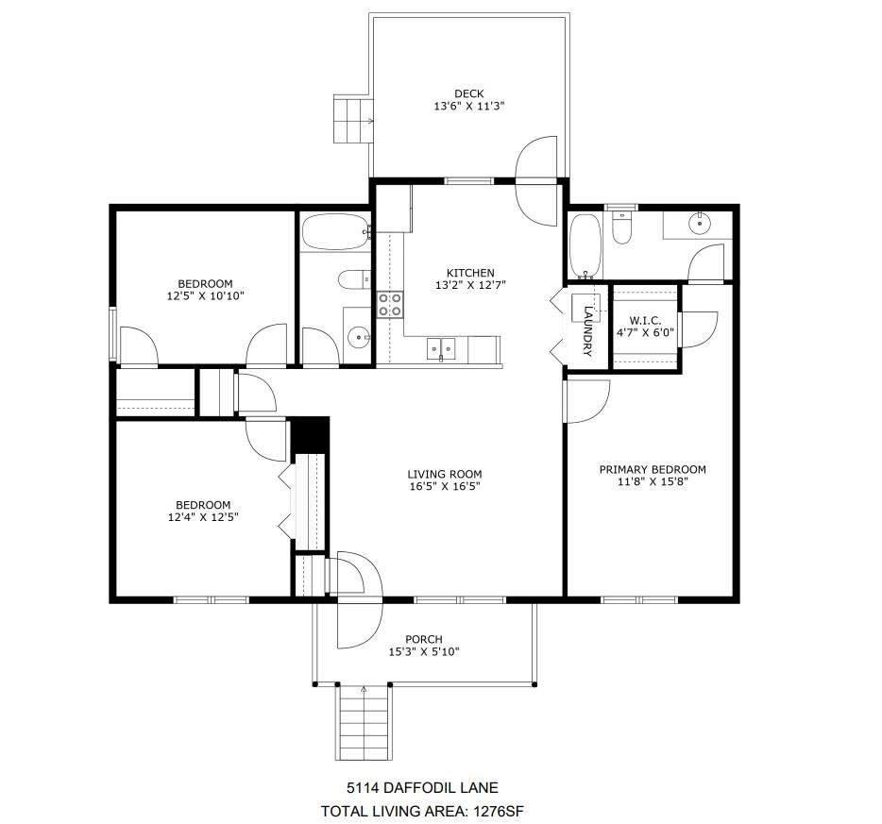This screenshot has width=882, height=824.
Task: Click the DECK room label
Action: [x=468, y=93]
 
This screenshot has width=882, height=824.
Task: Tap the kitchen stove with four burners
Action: [x=390, y=304]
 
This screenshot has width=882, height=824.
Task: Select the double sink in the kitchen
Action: [x=440, y=348]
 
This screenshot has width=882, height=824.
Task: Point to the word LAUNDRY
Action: [x=587, y=331]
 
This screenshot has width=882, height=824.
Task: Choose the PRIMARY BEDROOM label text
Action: [x=653, y=469]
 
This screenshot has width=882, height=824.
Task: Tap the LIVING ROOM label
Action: [x=445, y=475]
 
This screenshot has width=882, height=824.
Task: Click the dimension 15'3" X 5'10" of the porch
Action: [x=424, y=651]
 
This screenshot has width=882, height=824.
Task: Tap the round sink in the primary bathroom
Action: [x=700, y=223]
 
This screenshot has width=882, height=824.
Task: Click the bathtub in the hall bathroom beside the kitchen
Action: [x=334, y=232]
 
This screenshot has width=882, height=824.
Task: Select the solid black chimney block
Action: [x=308, y=435]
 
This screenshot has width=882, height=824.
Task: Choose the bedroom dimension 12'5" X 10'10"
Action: [x=205, y=296]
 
